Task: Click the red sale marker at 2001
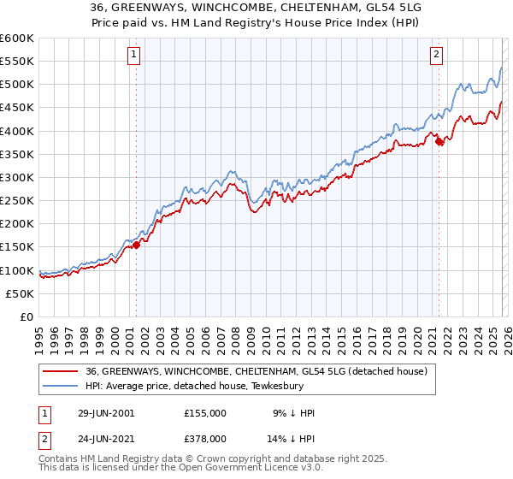click(136, 245)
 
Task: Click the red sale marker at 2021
click(439, 142)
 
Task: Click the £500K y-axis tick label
click(17, 84)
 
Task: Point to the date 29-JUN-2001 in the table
click(94, 413)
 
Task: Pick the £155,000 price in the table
click(206, 413)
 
